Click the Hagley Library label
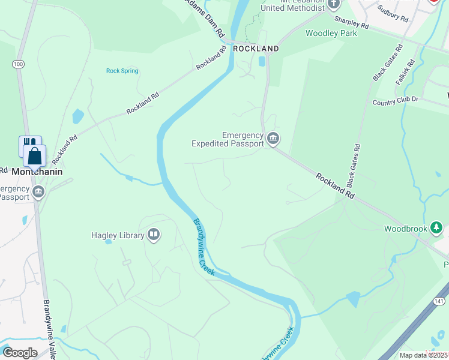pyautogui.click(x=118, y=235)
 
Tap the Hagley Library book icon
pyautogui.click(x=154, y=235)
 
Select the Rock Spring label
pyautogui.click(x=122, y=71)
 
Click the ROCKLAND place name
pyautogui.click(x=256, y=48)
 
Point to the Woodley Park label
pyautogui.click(x=331, y=33)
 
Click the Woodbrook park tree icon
pyautogui.click(x=436, y=228)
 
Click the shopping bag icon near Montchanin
pyautogui.click(x=35, y=155)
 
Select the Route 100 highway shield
pyautogui.click(x=18, y=64)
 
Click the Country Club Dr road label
pyautogui.click(x=395, y=102)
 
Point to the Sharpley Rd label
pyautogui.click(x=351, y=22)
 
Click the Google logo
pyautogui.click(x=19, y=352)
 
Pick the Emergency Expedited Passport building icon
pyautogui.click(x=273, y=139)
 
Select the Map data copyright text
pyautogui.click(x=424, y=355)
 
